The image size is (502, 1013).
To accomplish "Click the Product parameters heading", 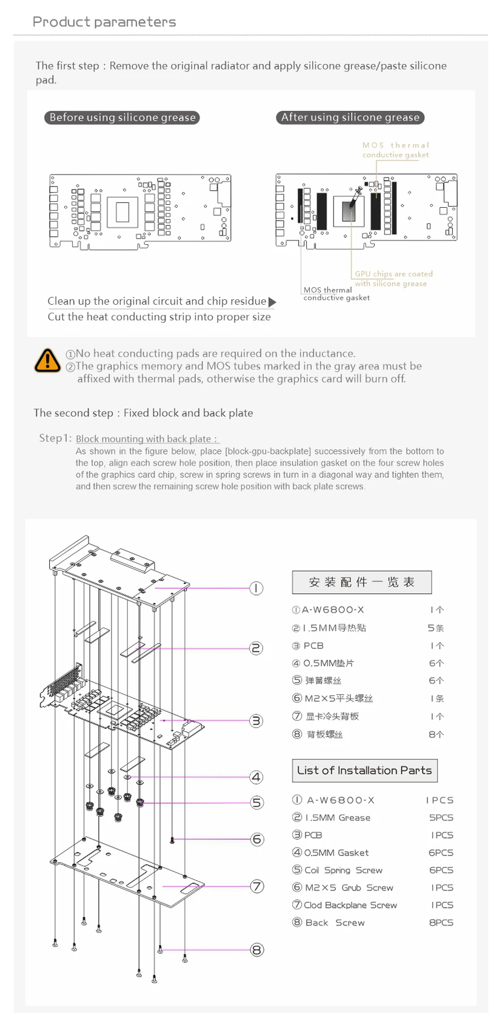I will click(x=104, y=22).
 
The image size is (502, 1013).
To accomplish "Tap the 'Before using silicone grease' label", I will click(x=122, y=118).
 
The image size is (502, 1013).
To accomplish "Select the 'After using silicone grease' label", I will click(x=350, y=118).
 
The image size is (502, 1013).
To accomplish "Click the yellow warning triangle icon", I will click(x=47, y=360).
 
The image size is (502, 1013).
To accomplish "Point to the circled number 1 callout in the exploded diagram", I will click(x=256, y=588).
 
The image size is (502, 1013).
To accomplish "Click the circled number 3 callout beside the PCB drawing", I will click(x=256, y=721).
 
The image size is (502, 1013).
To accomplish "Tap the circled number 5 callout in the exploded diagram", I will click(x=257, y=803).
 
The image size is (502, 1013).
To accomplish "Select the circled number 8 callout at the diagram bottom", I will click(x=257, y=950).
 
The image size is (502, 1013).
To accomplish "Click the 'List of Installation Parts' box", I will click(x=364, y=771).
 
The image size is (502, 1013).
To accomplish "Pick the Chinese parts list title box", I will click(x=362, y=582).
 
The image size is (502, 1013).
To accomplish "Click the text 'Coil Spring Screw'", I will click(x=343, y=870).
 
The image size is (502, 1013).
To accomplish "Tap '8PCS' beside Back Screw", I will click(x=441, y=923).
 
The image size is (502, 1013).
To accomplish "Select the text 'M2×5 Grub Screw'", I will click(x=349, y=888).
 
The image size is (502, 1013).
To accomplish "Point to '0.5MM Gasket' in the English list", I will click(x=336, y=852).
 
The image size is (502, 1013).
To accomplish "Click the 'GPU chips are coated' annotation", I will click(x=393, y=274).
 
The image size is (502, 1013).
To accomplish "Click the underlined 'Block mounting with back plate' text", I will click(x=146, y=439).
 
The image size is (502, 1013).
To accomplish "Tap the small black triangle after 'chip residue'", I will click(x=272, y=302).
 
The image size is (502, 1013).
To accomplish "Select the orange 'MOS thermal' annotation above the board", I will click(x=395, y=145).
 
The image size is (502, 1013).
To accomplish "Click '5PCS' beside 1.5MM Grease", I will click(x=441, y=817).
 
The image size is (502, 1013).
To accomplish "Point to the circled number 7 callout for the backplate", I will click(x=257, y=886).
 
